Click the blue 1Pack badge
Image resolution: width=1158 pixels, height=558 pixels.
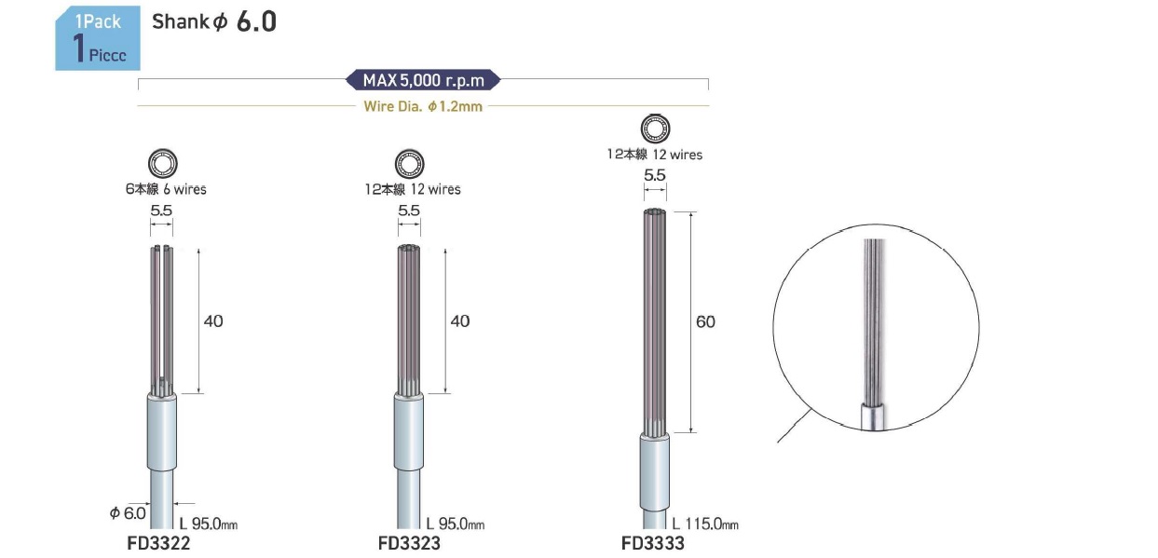pyautogui.click(x=98, y=38)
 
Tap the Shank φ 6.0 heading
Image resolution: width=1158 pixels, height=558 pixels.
pyautogui.click(x=214, y=21)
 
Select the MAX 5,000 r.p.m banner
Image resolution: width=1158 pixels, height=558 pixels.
pyautogui.click(x=423, y=80)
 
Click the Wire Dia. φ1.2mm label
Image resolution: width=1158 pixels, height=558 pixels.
pyautogui.click(x=423, y=106)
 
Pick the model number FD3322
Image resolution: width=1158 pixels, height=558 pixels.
pyautogui.click(x=158, y=543)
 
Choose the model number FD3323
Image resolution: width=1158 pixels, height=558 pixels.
pyautogui.click(x=409, y=543)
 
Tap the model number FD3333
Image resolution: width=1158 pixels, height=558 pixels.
pyautogui.click(x=653, y=543)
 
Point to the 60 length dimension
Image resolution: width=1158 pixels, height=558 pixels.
pyautogui.click(x=705, y=321)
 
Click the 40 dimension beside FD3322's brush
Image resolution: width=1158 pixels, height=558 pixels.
pyautogui.click(x=213, y=321)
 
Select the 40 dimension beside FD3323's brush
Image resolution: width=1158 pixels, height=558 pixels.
pyautogui.click(x=459, y=321)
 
